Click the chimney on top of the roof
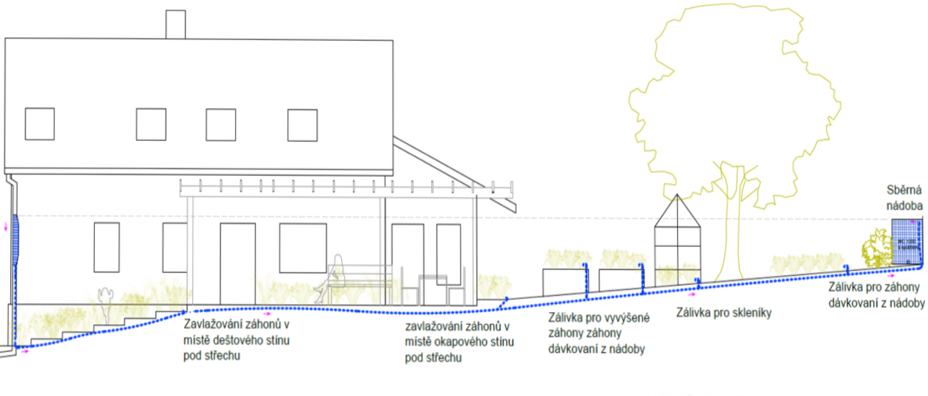pos(175,24)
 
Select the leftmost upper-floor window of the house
pos(39,123)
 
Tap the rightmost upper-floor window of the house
pos(302,125)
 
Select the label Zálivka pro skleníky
pos(723,313)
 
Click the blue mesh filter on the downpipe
pos(14,237)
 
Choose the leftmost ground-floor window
pos(106,247)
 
